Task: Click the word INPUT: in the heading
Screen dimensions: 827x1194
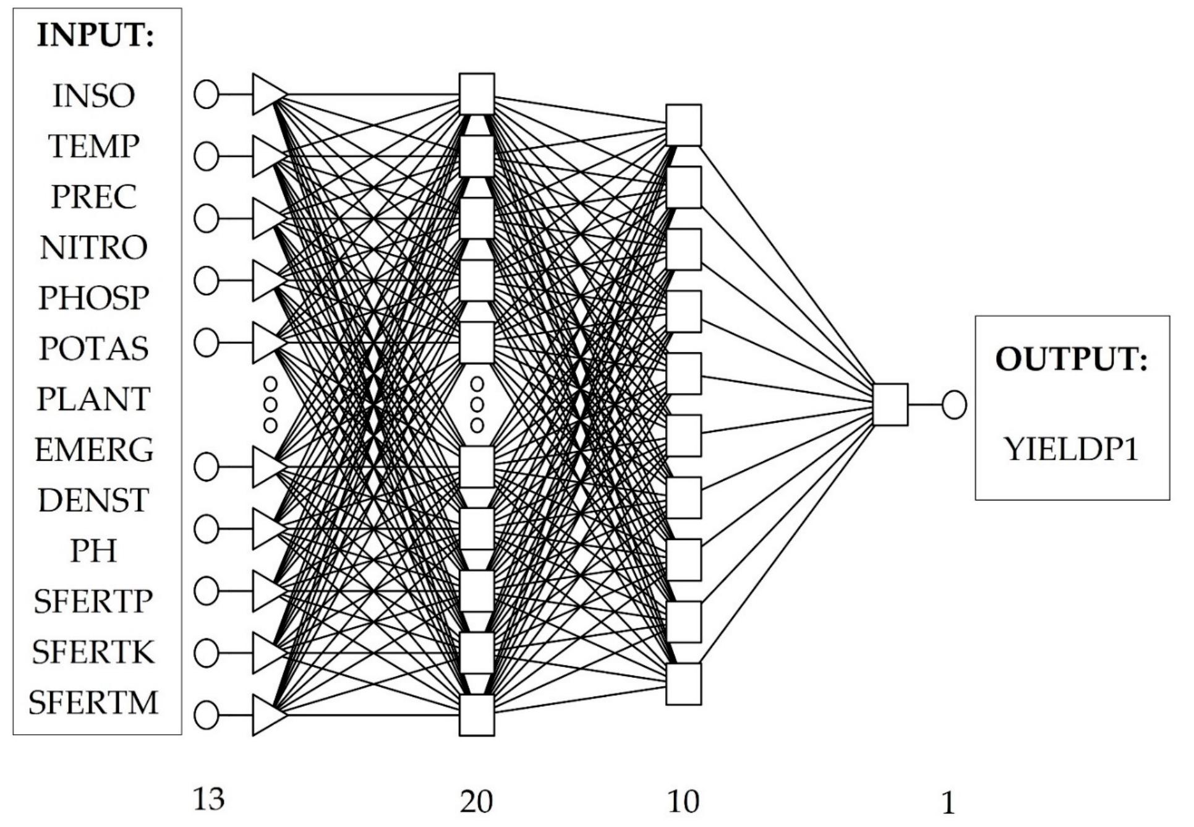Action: click(95, 36)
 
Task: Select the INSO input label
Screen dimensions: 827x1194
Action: click(93, 96)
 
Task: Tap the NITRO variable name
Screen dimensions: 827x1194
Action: click(93, 248)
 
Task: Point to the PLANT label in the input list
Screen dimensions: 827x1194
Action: click(93, 400)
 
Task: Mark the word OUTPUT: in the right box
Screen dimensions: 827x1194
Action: click(1071, 359)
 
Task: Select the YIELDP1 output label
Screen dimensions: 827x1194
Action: click(1071, 450)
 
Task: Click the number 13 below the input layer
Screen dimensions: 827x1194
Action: click(208, 800)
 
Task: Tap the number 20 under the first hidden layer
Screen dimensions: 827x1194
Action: click(476, 802)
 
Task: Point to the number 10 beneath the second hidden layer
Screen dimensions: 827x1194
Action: click(683, 802)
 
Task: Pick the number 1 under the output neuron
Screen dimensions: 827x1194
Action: click(948, 803)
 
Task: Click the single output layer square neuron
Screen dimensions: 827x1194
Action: click(890, 405)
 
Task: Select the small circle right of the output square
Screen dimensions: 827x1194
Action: click(954, 406)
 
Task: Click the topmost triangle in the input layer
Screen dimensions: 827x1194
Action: click(268, 95)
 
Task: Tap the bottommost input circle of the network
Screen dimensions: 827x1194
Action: click(207, 715)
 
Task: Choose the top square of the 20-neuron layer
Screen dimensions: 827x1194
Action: click(477, 94)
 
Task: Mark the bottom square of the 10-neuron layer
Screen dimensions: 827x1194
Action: click(683, 684)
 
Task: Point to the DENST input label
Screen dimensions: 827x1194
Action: click(93, 500)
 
